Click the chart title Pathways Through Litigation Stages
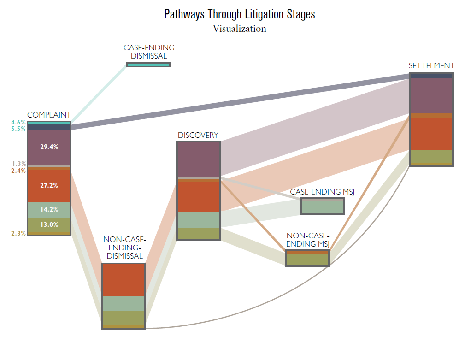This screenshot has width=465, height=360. [x=239, y=14]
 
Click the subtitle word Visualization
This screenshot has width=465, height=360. [x=239, y=29]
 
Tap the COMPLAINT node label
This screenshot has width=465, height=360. [x=49, y=115]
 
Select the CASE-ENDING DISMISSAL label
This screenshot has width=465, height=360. [x=149, y=52]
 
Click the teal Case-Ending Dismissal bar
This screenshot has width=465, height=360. [x=148, y=65]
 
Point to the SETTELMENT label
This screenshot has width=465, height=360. [x=431, y=65]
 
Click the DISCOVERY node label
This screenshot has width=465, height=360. [x=198, y=135]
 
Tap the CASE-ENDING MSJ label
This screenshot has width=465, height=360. [x=322, y=192]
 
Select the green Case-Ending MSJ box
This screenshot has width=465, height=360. [x=323, y=207]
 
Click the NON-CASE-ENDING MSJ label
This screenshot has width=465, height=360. [x=307, y=240]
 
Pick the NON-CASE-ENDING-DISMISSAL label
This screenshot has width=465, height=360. [x=124, y=248]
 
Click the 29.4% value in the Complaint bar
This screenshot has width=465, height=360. [x=49, y=147]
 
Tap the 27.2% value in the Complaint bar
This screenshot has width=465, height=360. [x=49, y=186]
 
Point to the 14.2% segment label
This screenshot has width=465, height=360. [x=49, y=209]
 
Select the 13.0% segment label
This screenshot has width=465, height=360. [x=49, y=224]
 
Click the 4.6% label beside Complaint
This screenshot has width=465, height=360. [x=18, y=122]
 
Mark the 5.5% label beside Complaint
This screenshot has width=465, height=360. [x=18, y=129]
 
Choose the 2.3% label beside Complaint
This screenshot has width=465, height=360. [x=18, y=233]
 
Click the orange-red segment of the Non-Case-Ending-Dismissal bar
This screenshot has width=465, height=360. [x=124, y=280]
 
